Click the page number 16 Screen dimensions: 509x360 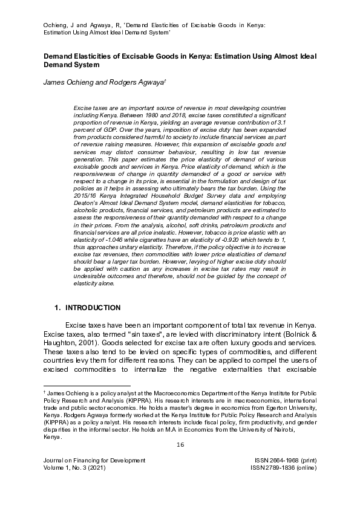pyautogui.click(x=180, y=445)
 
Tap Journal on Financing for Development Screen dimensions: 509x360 pyautogui.click(x=94, y=461)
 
